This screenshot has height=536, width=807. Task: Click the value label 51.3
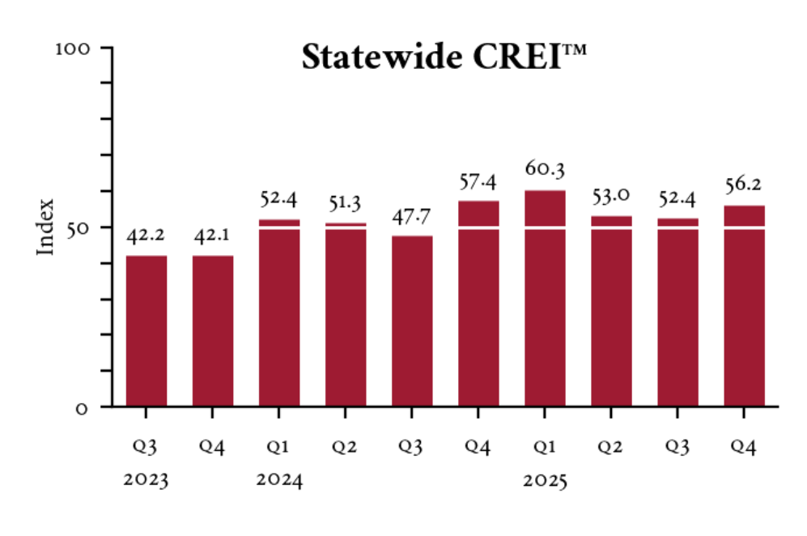click(346, 202)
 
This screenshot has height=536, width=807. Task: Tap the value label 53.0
click(611, 196)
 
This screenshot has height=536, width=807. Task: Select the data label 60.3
click(545, 169)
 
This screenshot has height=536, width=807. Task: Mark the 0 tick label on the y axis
click(83, 407)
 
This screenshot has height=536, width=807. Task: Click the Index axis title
click(46, 227)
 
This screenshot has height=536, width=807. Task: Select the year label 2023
click(147, 480)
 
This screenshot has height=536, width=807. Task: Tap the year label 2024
click(279, 480)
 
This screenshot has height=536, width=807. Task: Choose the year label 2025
click(545, 480)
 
